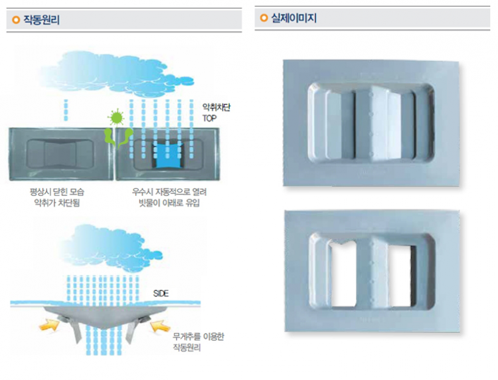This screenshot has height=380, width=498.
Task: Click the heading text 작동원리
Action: pos(41,20)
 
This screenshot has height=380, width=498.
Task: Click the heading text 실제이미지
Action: pos(293,19)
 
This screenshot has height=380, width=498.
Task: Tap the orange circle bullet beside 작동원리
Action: pos(15,20)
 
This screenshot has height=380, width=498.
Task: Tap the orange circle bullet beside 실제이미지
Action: pos(264,19)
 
